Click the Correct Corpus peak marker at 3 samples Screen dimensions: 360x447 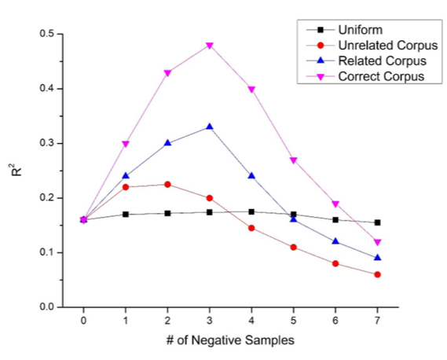210,46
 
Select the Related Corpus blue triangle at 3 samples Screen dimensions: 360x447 210,127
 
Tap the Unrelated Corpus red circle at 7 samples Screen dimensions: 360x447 378,274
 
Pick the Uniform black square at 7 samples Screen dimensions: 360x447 378,222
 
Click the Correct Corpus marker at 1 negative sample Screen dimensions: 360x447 126,144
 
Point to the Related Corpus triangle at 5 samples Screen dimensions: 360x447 294,219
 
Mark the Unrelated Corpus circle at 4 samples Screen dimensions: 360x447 252,228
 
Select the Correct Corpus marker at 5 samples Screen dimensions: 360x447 294,160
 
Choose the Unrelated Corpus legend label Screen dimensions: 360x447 379,46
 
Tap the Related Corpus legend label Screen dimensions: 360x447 374,61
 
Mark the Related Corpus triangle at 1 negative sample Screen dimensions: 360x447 126,176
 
